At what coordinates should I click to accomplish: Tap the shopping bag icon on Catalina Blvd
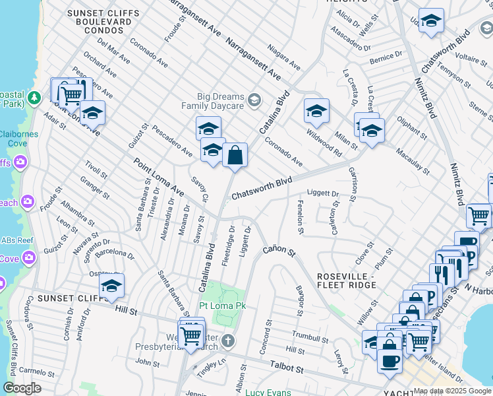pos(235,156)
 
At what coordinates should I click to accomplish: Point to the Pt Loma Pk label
pos(222,306)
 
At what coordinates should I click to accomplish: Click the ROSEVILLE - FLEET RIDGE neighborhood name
pos(347,280)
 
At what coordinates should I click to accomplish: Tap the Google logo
pos(22,388)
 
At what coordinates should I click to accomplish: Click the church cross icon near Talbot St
pos(227,341)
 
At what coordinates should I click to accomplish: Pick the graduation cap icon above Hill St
pos(112,286)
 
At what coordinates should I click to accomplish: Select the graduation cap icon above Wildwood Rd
pos(316,111)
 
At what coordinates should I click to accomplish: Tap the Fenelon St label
pos(300,218)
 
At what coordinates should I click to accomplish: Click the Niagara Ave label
pos(284,57)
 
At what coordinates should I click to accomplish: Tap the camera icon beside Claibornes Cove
pos(21,161)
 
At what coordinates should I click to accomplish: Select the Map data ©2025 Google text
pos(452,391)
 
